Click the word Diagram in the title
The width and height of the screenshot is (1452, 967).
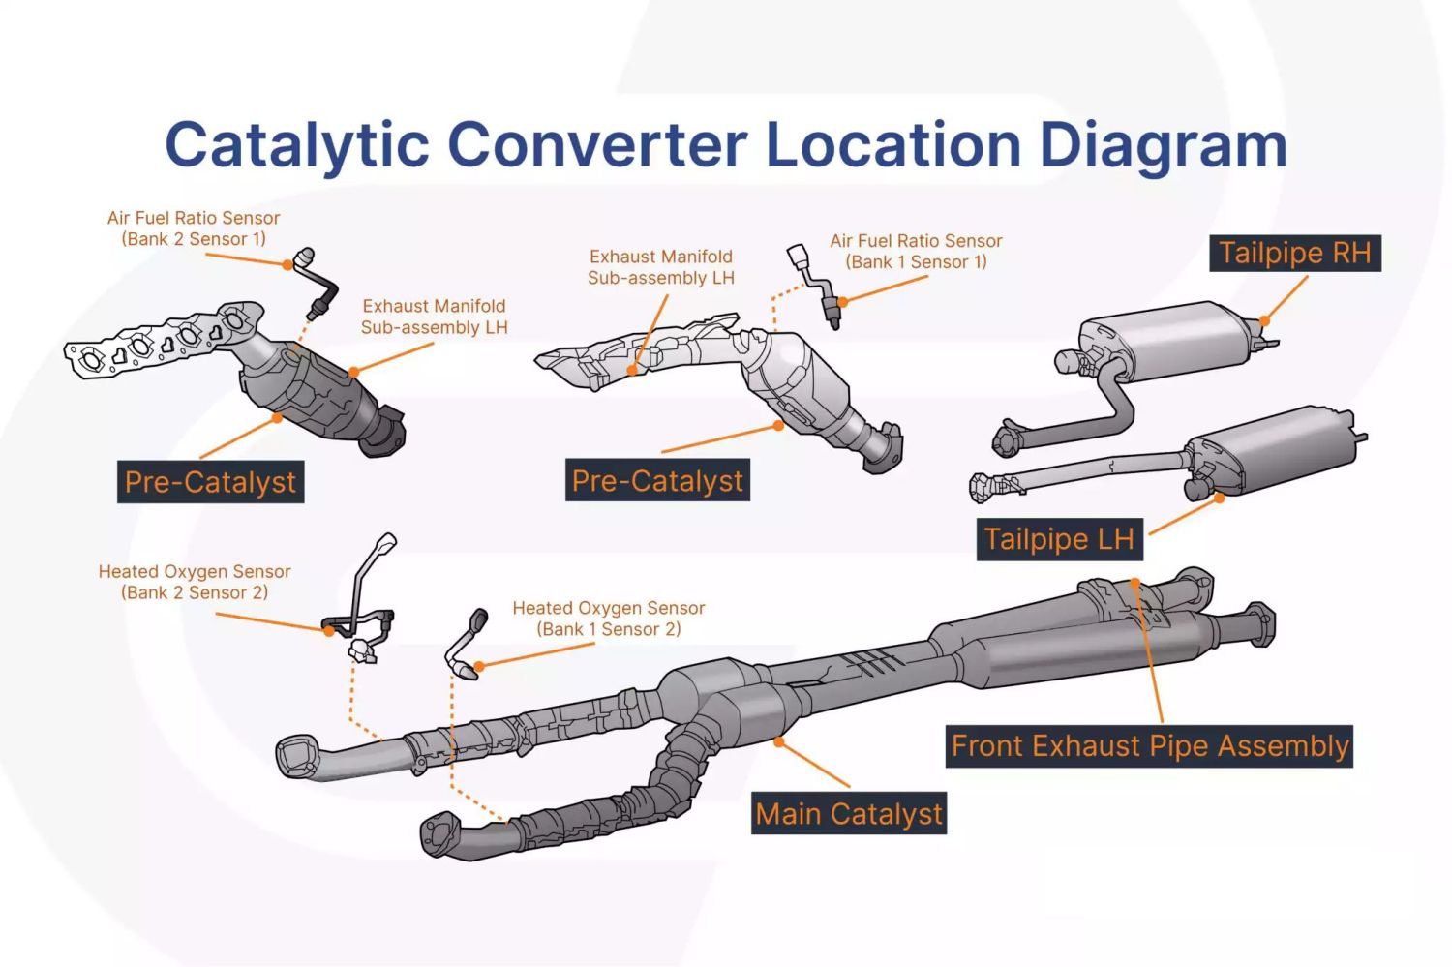point(1163,145)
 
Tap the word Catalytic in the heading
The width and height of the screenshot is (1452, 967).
point(296,145)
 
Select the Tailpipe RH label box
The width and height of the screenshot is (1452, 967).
point(1294,254)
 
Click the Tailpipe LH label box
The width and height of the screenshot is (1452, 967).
point(1058,539)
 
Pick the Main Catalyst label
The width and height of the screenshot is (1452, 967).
point(848,814)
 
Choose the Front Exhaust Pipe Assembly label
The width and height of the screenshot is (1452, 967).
point(1149,746)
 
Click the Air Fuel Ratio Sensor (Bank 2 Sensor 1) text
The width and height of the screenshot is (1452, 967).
point(194,228)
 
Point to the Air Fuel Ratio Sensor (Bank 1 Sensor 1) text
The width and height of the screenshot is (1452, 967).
point(916,252)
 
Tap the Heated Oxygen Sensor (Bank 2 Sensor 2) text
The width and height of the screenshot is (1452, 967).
point(195,582)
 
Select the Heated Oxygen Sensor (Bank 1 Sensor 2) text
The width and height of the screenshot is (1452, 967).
point(608,619)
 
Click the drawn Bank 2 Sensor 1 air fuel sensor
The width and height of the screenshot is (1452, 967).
point(318,283)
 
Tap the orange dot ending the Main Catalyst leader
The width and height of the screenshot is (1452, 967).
point(778,742)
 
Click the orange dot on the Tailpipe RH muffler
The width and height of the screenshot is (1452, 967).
point(1264,321)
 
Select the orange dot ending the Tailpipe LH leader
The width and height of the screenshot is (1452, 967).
point(1220,499)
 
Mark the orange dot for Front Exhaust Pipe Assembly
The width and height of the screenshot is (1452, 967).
point(1135,583)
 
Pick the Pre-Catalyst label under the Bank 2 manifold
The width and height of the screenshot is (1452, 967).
point(210,482)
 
